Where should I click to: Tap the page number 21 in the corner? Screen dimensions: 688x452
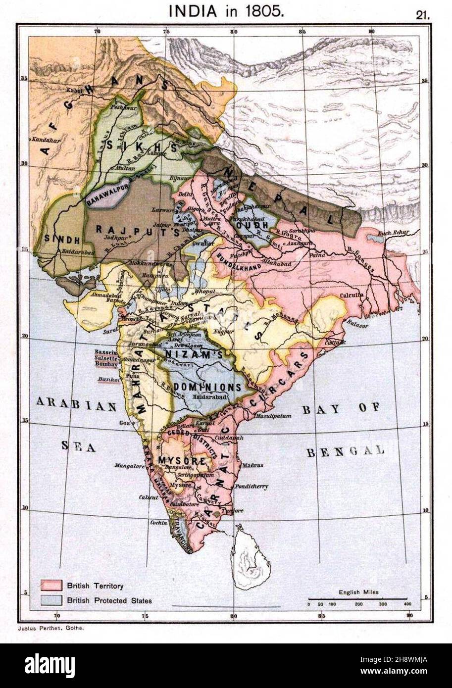pyautogui.click(x=423, y=15)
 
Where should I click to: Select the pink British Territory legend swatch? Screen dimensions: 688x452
pyautogui.click(x=51, y=586)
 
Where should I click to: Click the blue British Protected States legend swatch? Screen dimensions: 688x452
pyautogui.click(x=51, y=600)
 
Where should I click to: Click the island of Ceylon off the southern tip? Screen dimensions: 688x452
pyautogui.click(x=251, y=559)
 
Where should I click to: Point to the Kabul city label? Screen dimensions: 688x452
pyautogui.click(x=76, y=91)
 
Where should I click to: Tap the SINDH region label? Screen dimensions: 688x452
pyautogui.click(x=62, y=240)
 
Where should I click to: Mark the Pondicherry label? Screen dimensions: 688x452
pyautogui.click(x=252, y=487)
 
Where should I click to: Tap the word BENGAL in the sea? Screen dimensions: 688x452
pyautogui.click(x=345, y=451)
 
